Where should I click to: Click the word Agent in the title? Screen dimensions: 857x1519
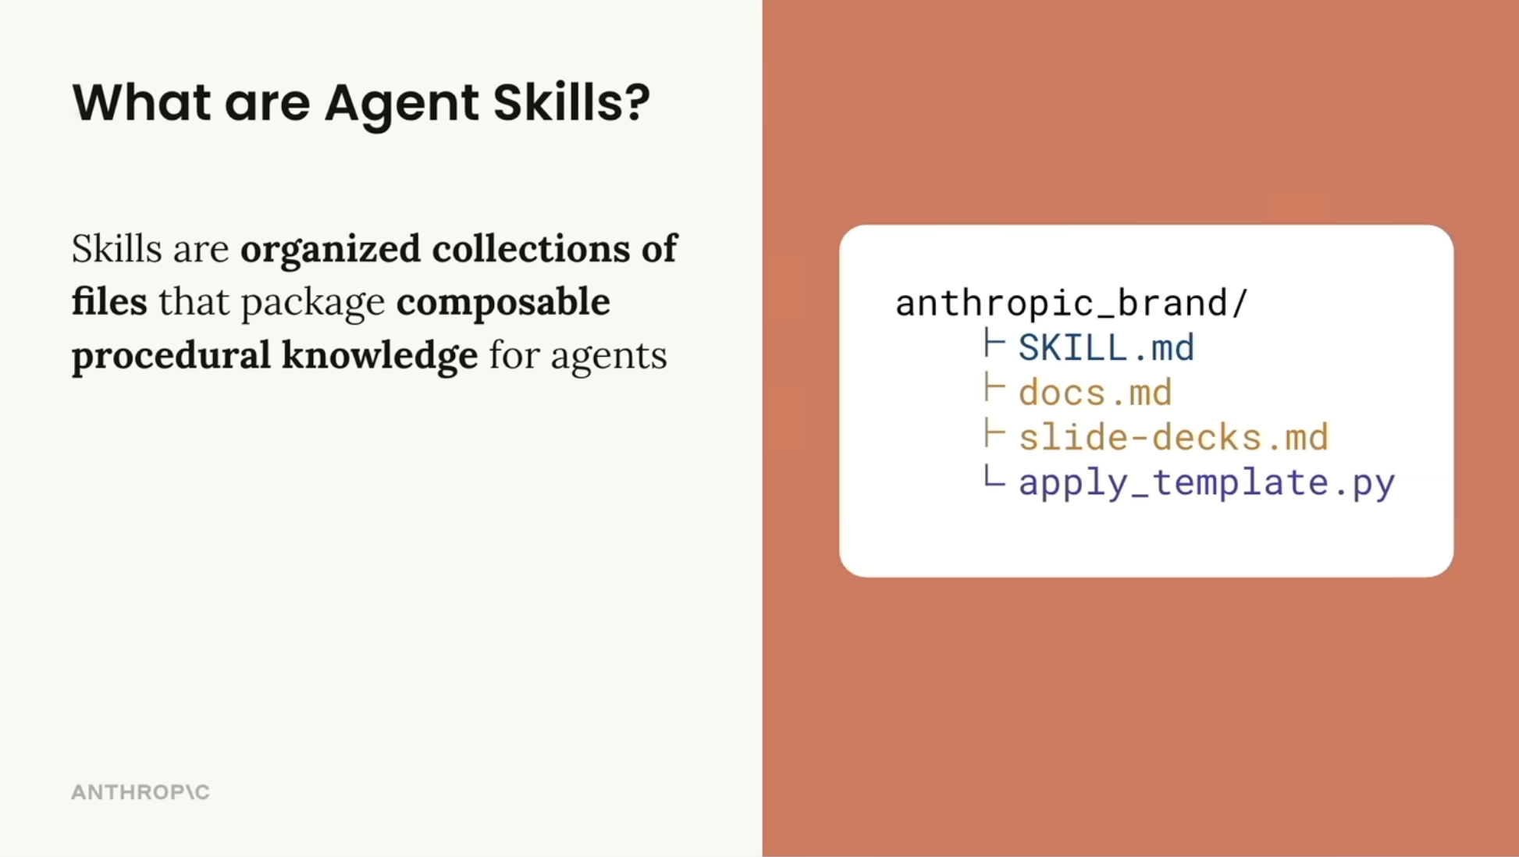point(401,102)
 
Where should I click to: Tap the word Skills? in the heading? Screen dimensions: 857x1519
point(571,102)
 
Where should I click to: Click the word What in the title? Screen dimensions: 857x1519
point(141,102)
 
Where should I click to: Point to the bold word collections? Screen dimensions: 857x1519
point(531,248)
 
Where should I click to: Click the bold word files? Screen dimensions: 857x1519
point(109,301)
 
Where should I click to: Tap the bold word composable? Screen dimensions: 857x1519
point(503,301)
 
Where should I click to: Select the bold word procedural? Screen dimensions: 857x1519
point(171,355)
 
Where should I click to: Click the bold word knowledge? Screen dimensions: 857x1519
point(379,355)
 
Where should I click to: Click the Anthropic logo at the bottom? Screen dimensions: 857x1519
point(141,792)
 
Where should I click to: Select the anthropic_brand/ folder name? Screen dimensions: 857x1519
point(1071,303)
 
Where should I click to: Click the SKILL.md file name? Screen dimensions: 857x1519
point(1106,347)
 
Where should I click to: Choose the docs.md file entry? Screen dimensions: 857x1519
point(1095,393)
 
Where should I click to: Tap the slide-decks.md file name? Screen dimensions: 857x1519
point(1173,437)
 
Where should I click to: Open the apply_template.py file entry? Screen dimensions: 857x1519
point(1207,482)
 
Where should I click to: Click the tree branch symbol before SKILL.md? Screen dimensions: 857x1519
point(994,343)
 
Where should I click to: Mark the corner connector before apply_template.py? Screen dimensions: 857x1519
point(994,477)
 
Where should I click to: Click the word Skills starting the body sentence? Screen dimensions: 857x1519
point(116,249)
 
